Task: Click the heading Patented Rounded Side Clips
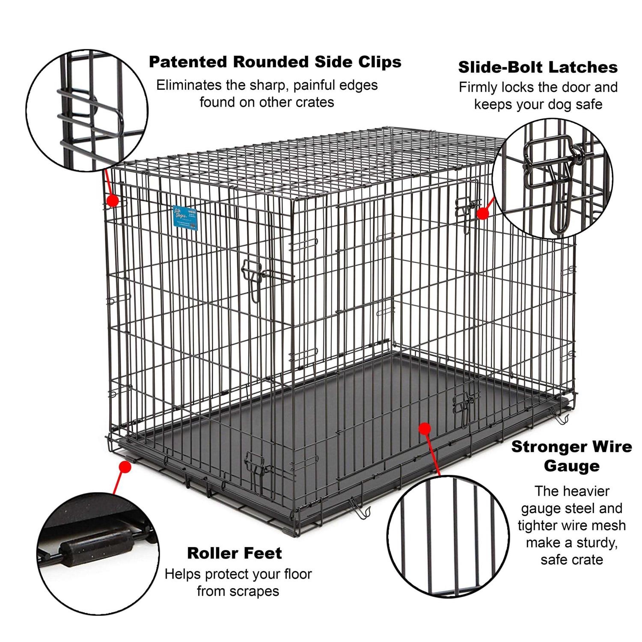pos(275,62)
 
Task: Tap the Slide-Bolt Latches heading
pos(538,67)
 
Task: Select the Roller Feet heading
pos(235,553)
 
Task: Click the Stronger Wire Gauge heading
pos(571,456)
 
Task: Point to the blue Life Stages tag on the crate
pos(185,218)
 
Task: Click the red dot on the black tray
pos(425,428)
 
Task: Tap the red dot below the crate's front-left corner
pos(125,467)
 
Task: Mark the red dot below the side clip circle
pos(113,200)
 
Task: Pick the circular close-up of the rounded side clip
pos(87,110)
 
